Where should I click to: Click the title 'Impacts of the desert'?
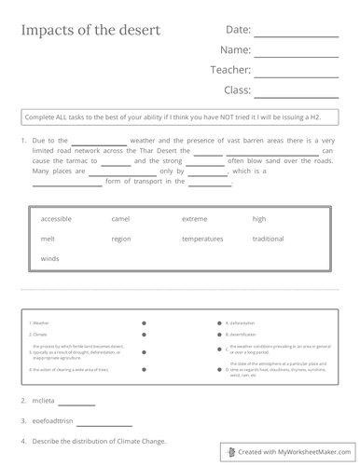pos(90,30)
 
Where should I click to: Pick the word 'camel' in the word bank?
pos(120,218)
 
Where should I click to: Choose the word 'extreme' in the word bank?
pos(195,218)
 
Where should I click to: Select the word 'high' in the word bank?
pos(259,218)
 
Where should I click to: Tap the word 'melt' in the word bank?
pos(48,239)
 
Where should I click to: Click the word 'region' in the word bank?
pos(121,239)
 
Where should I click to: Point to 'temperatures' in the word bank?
pos(202,239)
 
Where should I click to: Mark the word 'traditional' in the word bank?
pos(268,239)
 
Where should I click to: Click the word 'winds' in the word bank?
pos(49,258)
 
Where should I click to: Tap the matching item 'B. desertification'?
pos(242,334)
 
